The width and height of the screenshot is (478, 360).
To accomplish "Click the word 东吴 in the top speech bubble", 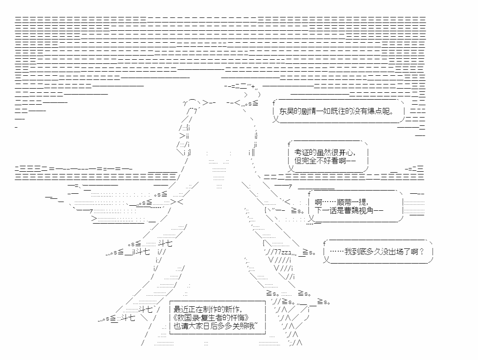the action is pyautogui.click(x=286, y=112).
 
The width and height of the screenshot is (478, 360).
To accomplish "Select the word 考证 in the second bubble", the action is pyautogui.click(x=302, y=152).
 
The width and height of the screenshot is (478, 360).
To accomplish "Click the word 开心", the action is pyautogui.click(x=346, y=152).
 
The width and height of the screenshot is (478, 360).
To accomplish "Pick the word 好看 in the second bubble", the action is pyautogui.click(x=331, y=161).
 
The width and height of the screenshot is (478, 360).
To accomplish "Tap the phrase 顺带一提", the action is pyautogui.click(x=352, y=202).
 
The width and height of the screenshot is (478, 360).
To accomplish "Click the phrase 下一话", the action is pyautogui.click(x=325, y=210).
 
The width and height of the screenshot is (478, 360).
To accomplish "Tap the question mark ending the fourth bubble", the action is pyautogui.click(x=421, y=252).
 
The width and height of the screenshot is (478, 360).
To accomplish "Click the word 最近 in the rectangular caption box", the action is pyautogui.click(x=181, y=309).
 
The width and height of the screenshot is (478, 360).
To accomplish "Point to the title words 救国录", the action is pyautogui.click(x=188, y=318).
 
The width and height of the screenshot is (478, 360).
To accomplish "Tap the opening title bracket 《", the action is pyautogui.click(x=175, y=318).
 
